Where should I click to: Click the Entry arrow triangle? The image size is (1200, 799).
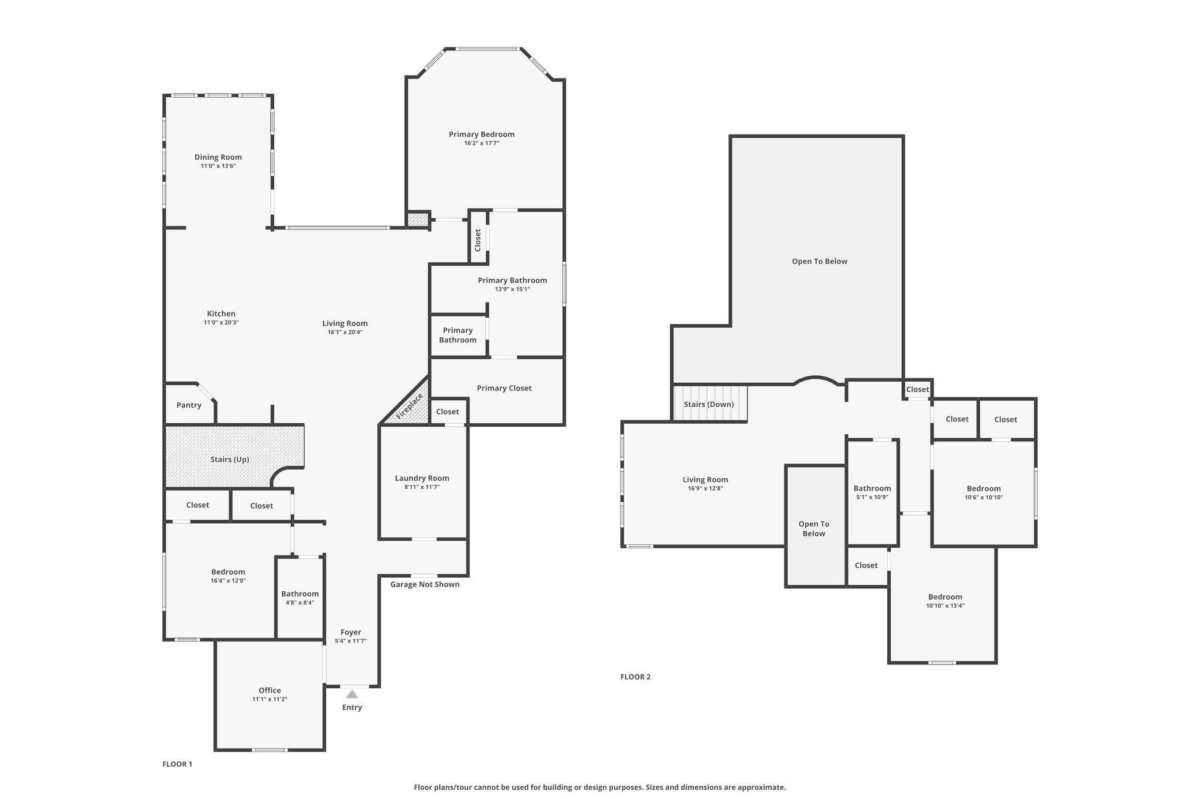coord(352,694)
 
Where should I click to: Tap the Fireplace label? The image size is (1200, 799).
coord(410,406)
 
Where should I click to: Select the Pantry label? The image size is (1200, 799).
coord(189,405)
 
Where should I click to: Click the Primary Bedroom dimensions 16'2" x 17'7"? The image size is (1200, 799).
coord(482,143)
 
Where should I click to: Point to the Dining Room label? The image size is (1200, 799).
coord(218,157)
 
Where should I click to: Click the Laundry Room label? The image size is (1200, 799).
coord(422,478)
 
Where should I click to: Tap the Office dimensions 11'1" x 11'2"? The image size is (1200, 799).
coord(270,699)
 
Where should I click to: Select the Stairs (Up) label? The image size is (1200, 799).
coord(230,459)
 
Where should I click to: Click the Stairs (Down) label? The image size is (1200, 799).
coord(708,404)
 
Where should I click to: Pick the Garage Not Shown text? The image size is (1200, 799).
coord(425,584)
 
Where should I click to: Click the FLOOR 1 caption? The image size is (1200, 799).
coord(177,764)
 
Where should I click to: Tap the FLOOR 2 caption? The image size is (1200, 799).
coord(635,677)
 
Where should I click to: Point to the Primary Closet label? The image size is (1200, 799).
coord(504,388)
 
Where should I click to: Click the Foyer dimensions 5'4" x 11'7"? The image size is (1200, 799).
coord(350,641)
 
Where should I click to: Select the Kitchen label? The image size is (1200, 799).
coord(221,314)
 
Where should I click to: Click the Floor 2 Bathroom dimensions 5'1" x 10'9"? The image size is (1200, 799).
coord(872,498)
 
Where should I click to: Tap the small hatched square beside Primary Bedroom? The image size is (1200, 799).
coord(418,220)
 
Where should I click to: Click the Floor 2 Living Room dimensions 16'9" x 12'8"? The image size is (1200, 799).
coord(705,488)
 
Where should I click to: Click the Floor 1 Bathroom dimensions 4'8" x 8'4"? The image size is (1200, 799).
coord(299,602)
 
